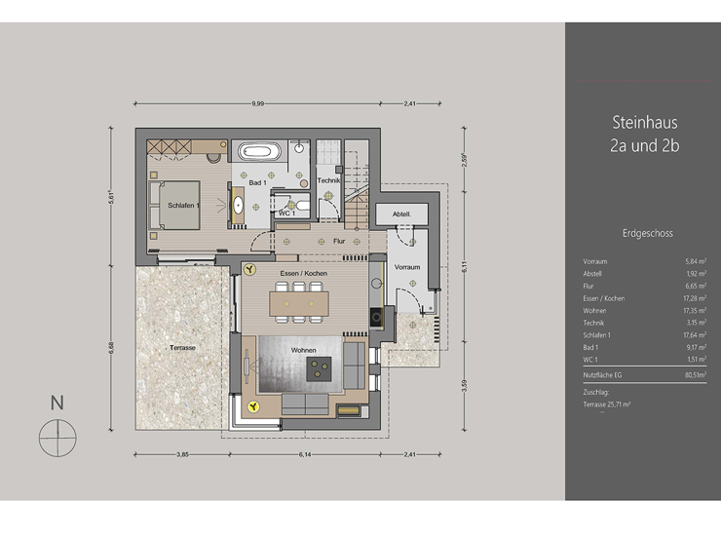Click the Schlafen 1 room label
184,206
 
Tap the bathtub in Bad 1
260,153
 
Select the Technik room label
326,181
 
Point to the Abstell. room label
401,213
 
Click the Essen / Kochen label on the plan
303,274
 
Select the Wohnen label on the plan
304,349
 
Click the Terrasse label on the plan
181,348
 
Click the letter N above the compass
57,401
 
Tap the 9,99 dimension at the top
258,102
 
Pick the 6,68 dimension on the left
112,346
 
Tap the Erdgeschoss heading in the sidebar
647,233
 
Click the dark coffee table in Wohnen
319,367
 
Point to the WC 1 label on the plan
288,212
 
